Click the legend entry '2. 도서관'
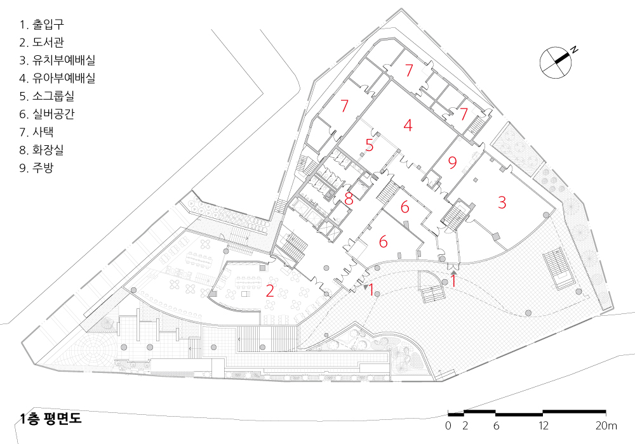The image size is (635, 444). [42, 42]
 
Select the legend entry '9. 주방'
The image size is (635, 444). [36, 168]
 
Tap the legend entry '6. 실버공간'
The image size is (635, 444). [47, 114]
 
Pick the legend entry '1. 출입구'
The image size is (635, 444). [42, 25]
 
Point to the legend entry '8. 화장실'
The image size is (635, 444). [42, 150]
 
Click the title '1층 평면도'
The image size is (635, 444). [51, 419]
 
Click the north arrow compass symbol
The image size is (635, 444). [555, 62]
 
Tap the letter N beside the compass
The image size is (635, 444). [574, 49]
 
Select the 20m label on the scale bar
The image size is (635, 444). [606, 426]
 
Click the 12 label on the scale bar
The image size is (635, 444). [543, 426]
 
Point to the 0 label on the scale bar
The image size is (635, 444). [448, 426]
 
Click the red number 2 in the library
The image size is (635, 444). [270, 291]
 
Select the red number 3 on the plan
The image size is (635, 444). [502, 202]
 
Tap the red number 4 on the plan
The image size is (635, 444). [408, 125]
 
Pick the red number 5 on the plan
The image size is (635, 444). [370, 145]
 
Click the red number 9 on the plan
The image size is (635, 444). [452, 162]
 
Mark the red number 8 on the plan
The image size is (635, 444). [349, 199]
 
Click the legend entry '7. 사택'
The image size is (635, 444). [36, 132]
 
